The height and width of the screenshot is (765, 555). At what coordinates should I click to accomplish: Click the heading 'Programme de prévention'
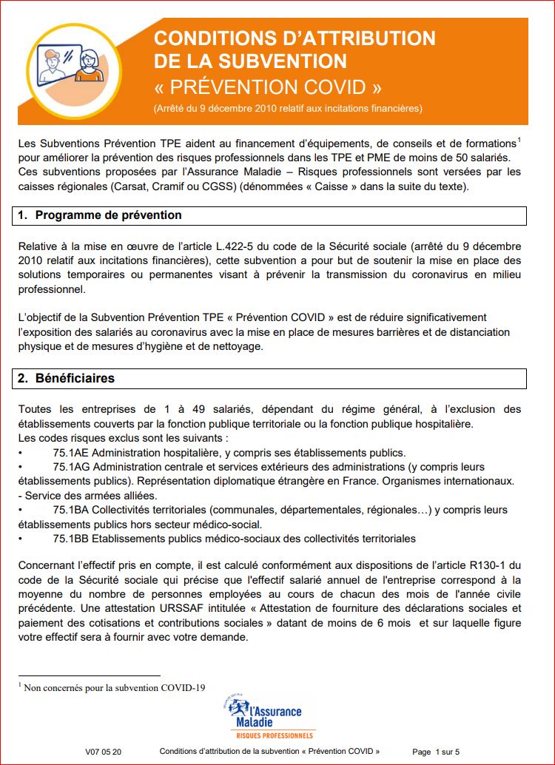109,215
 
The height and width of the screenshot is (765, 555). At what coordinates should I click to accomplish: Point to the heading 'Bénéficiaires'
75,378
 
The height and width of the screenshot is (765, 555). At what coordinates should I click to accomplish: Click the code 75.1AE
71,453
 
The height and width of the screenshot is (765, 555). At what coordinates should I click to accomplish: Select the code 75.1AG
71,468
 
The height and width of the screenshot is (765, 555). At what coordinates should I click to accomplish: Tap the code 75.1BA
71,510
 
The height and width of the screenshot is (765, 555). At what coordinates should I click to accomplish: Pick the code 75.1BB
71,539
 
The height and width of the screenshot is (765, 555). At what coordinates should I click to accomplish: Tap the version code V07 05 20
104,752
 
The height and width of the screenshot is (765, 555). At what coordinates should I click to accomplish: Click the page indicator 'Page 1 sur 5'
436,752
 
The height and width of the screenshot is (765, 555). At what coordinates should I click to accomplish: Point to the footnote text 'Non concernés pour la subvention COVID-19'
114,687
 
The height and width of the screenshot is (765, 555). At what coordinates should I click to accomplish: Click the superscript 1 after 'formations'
519,140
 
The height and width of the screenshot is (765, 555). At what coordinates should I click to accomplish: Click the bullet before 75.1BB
21,539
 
